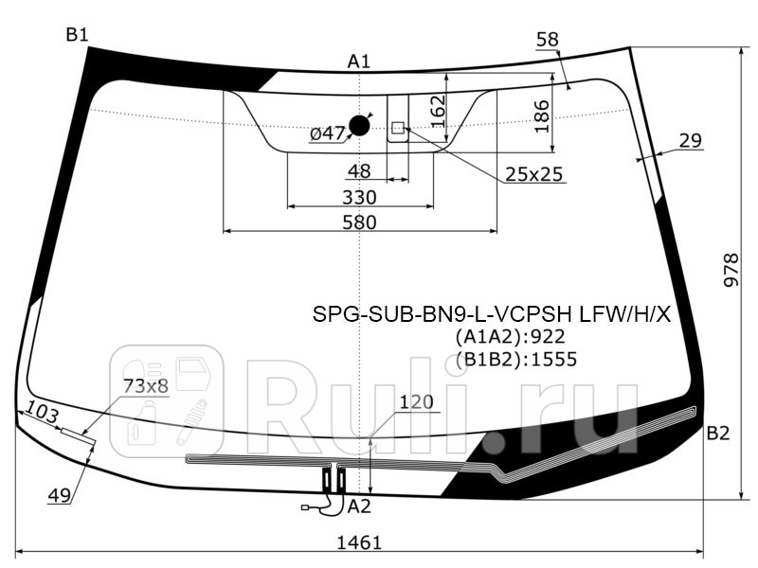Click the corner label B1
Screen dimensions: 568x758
(77, 35)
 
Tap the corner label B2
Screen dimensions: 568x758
(717, 434)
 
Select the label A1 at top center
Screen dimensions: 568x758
(358, 62)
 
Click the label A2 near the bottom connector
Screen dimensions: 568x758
(359, 506)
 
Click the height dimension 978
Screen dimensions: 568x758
(730, 273)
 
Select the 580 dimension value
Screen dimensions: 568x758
(359, 222)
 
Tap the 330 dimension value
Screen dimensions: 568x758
(359, 197)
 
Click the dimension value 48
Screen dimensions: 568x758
(358, 171)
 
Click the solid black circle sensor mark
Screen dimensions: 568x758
(360, 125)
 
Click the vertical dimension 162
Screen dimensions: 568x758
(437, 110)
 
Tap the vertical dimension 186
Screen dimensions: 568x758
(542, 115)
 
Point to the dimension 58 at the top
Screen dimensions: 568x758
(547, 39)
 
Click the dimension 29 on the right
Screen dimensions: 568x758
(690, 141)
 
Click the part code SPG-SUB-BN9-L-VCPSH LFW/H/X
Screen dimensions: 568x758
(492, 314)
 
